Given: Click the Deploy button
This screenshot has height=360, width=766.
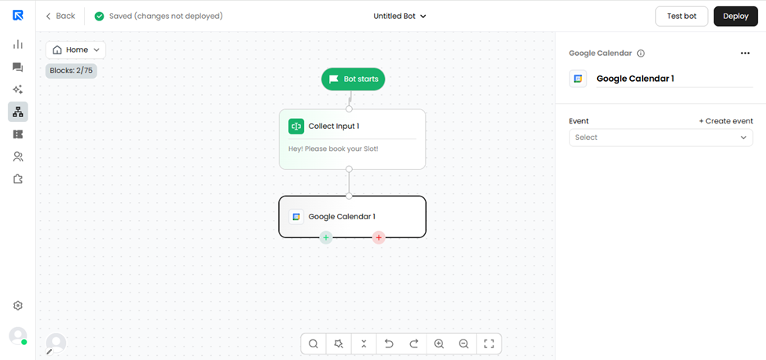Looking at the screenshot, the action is click(x=735, y=17).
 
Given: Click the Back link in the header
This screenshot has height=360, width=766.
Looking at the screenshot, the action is click(x=60, y=17).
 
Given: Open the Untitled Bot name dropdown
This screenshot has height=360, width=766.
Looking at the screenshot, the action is click(x=400, y=17).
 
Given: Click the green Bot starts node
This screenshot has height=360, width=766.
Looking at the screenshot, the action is click(x=354, y=79).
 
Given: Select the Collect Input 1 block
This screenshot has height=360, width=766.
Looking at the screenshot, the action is click(x=352, y=139).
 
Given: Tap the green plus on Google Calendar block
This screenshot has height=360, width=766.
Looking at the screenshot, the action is click(x=326, y=238).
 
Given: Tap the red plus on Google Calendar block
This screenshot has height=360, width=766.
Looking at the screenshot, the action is click(x=379, y=238).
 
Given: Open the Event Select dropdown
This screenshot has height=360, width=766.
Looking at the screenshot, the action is click(x=661, y=138).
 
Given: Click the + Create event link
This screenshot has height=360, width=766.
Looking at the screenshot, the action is click(x=726, y=121).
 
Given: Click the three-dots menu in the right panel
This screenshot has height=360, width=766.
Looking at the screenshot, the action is click(x=745, y=53).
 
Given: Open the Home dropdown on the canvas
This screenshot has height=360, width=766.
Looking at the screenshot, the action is click(x=75, y=50).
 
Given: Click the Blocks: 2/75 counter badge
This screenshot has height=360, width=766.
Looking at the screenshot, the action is click(x=71, y=71).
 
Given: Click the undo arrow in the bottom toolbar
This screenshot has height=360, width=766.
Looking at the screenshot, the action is click(x=390, y=343).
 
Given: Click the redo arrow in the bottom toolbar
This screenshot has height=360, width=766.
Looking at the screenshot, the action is click(x=414, y=343).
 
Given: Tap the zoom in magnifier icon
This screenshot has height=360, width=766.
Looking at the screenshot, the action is click(x=438, y=343).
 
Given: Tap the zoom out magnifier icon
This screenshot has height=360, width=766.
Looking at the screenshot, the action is click(x=464, y=343).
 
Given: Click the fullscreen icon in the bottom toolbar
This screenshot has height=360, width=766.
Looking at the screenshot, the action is click(x=489, y=343).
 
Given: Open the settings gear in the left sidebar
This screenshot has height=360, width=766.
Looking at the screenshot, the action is click(x=18, y=306).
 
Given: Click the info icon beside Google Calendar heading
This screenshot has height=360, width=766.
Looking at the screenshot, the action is click(x=641, y=53).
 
